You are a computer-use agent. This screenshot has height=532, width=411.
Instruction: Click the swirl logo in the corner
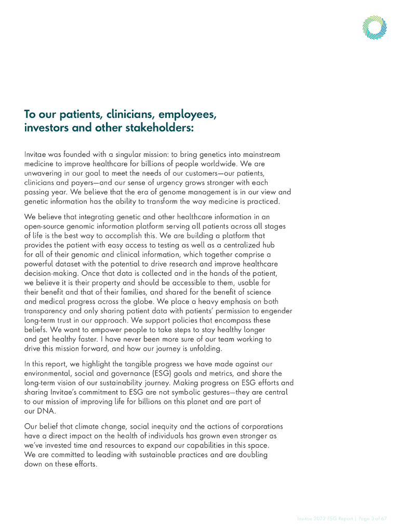tap(375, 26)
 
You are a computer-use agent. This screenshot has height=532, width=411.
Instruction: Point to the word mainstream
tap(259, 155)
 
